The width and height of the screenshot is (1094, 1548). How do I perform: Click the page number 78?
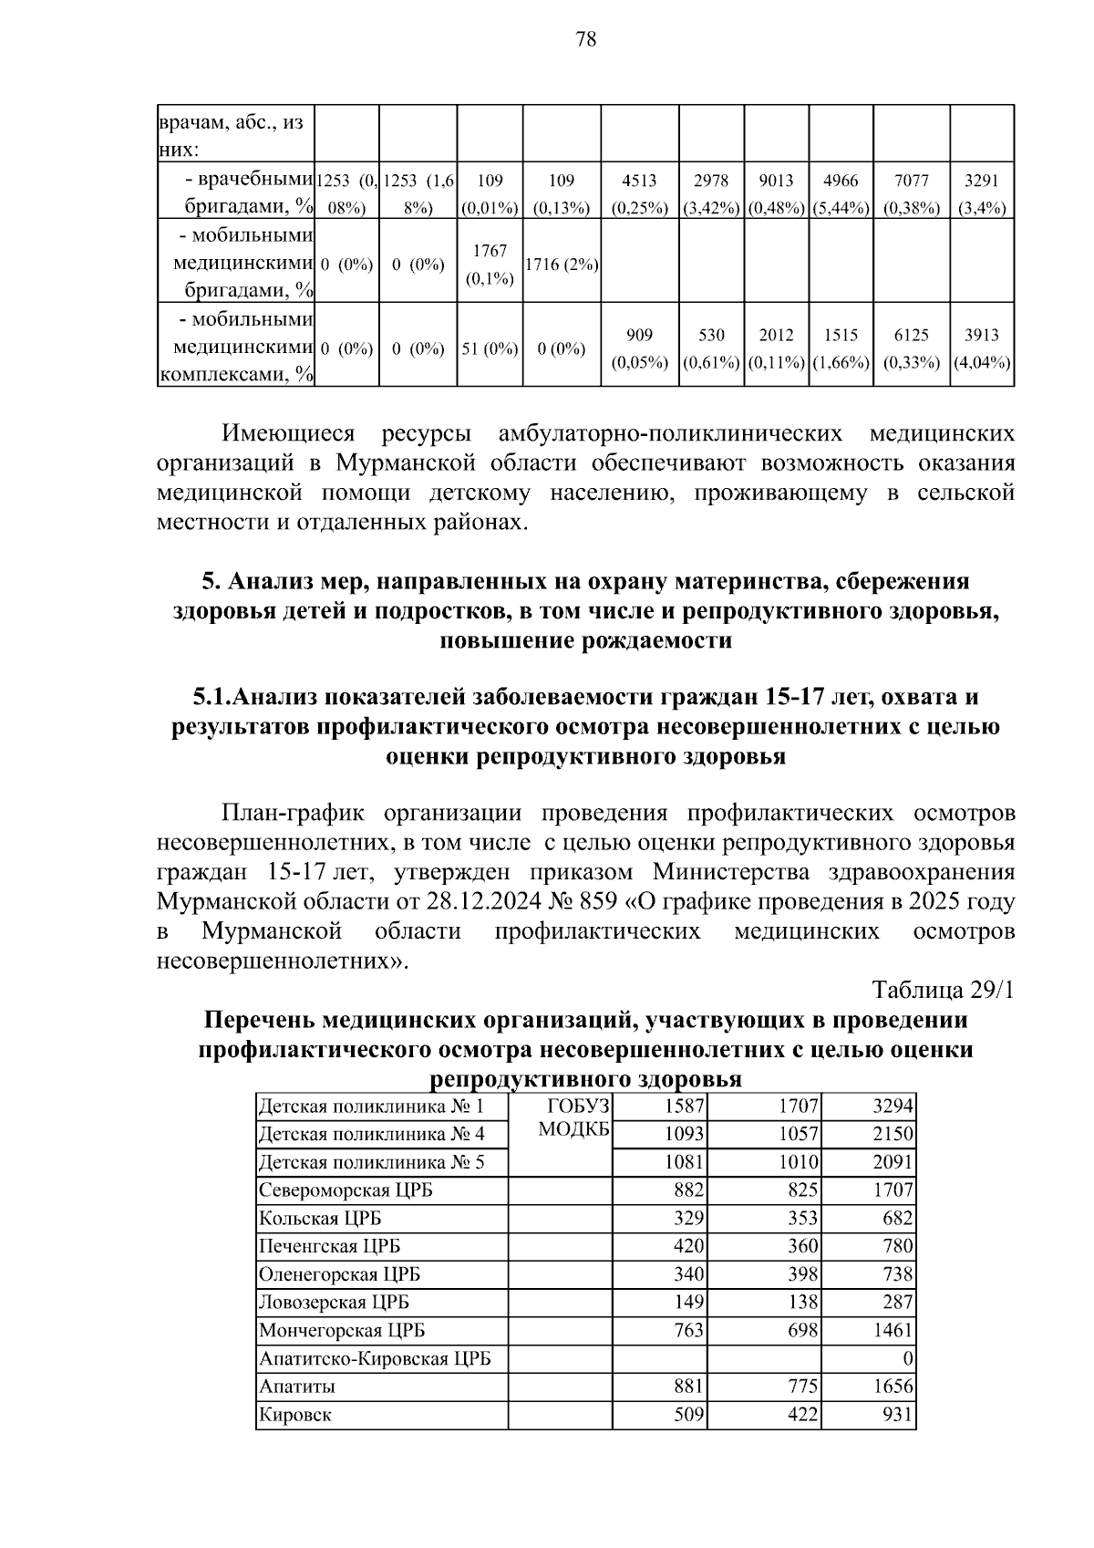click(586, 38)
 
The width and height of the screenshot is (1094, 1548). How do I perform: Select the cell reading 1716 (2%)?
click(562, 265)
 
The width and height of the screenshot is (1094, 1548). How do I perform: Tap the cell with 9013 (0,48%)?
click(777, 193)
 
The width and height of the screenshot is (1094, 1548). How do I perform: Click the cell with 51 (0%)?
click(490, 348)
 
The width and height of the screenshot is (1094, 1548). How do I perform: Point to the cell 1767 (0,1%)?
click(490, 265)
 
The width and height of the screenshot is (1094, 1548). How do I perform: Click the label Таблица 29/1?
click(943, 990)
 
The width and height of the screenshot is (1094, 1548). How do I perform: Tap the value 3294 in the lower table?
click(893, 1106)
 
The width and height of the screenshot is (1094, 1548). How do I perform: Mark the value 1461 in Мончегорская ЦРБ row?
click(893, 1330)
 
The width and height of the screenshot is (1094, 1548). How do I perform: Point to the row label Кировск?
click(295, 1415)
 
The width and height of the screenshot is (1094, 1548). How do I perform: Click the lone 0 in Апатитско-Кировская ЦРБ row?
click(907, 1358)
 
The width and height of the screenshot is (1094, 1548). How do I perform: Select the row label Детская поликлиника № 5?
click(371, 1162)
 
